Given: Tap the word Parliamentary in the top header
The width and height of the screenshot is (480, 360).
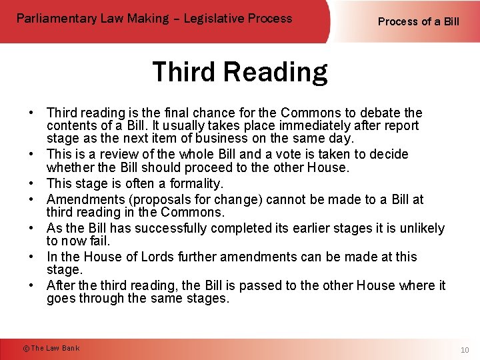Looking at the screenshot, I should [57, 18].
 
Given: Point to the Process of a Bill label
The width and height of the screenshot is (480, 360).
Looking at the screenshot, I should [419, 21].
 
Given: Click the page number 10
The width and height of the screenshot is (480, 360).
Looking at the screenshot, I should [465, 350].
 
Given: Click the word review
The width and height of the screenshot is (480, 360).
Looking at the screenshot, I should [124, 154].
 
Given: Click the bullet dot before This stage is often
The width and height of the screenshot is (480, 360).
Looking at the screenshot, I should [32, 183].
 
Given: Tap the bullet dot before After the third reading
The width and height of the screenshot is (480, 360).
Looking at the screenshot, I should [32, 285].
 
